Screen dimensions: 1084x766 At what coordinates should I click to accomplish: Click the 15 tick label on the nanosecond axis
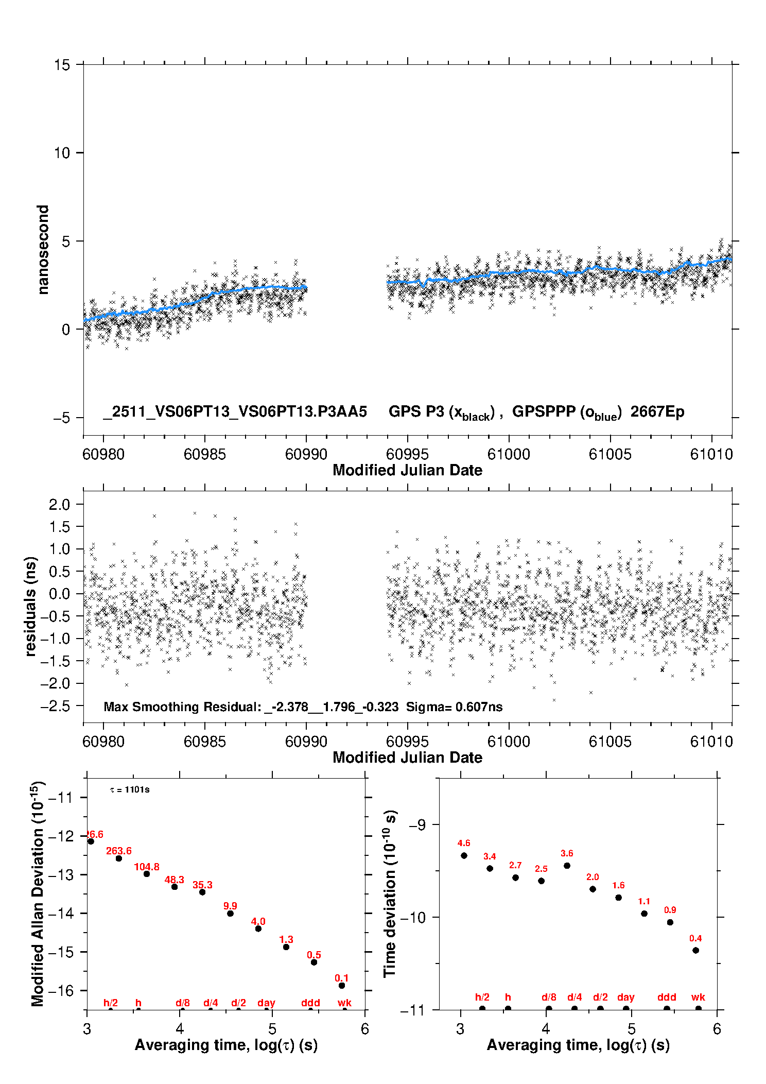click(62, 65)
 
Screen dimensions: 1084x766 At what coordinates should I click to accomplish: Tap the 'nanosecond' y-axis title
click(43, 249)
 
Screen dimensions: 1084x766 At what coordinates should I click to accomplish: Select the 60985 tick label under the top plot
click(204, 454)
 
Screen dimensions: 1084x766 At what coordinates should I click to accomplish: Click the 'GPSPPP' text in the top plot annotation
click(544, 411)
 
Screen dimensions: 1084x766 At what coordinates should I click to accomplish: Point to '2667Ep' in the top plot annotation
click(657, 411)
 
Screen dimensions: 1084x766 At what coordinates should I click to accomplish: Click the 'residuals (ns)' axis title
click(31, 606)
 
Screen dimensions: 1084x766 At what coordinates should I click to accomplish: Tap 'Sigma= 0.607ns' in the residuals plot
click(454, 707)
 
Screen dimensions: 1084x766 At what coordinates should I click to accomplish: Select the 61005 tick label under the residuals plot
click(610, 742)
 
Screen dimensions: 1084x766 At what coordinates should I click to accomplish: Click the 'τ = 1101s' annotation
click(130, 789)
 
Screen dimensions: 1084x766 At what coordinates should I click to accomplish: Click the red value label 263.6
click(119, 851)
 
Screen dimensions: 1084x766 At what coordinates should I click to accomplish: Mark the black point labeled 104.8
click(147, 874)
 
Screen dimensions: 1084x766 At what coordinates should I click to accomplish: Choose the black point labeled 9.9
click(230, 913)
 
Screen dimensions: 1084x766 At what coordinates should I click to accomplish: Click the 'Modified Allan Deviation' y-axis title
click(38, 893)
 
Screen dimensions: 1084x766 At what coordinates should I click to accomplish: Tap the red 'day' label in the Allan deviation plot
click(266, 1003)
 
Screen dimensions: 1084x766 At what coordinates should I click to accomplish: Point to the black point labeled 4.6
click(464, 855)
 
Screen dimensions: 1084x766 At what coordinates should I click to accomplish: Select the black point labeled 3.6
click(567, 866)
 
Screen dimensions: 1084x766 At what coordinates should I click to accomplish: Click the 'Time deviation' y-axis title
click(390, 893)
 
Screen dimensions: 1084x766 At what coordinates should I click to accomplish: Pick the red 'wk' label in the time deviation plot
click(698, 997)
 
